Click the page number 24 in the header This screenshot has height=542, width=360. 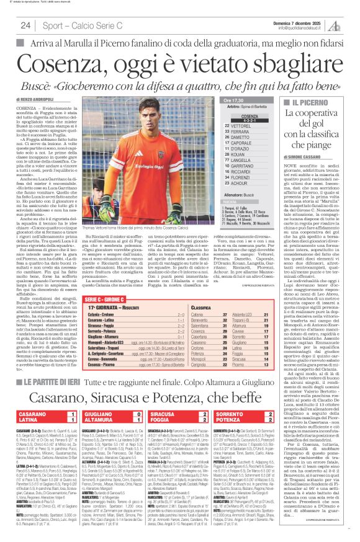(25, 25)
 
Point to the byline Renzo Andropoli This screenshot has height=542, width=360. (38, 99)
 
